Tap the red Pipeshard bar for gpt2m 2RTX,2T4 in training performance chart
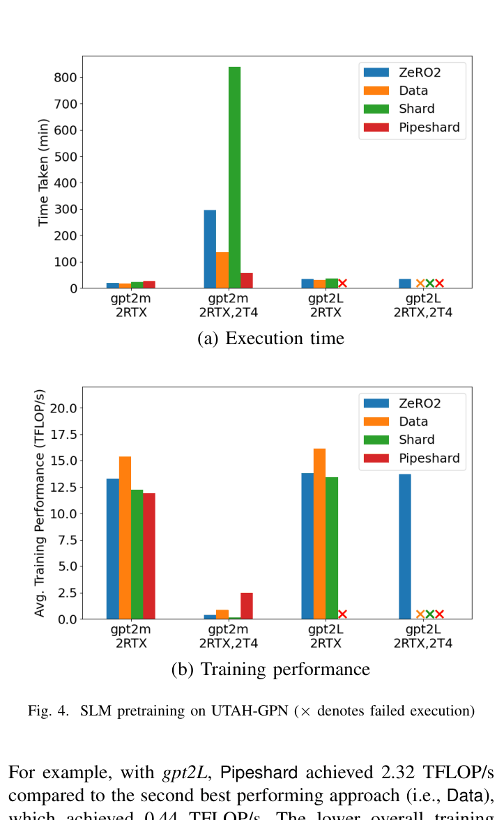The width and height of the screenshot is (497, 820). pyautogui.click(x=247, y=605)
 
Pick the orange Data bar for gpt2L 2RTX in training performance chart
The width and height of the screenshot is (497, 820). pyautogui.click(x=319, y=534)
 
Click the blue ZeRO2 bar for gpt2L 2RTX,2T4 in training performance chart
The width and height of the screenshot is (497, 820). pyautogui.click(x=404, y=546)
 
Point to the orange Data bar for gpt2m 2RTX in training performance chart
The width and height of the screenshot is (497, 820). pyautogui.click(x=125, y=537)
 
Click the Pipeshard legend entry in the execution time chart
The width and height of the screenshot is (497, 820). pyautogui.click(x=411, y=127)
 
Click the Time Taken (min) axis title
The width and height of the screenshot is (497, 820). pyautogui.click(x=43, y=173)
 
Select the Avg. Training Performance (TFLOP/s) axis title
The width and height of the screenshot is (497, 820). pyautogui.click(x=40, y=502)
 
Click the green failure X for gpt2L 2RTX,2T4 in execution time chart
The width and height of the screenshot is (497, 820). pyautogui.click(x=430, y=284)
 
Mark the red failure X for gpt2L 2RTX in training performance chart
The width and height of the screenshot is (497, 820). pyautogui.click(x=342, y=614)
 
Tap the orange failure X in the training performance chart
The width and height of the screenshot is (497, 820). pyautogui.click(x=420, y=614)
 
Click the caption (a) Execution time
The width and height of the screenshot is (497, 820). pyautogui.click(x=270, y=339)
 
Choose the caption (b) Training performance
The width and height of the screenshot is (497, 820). pyautogui.click(x=270, y=670)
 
